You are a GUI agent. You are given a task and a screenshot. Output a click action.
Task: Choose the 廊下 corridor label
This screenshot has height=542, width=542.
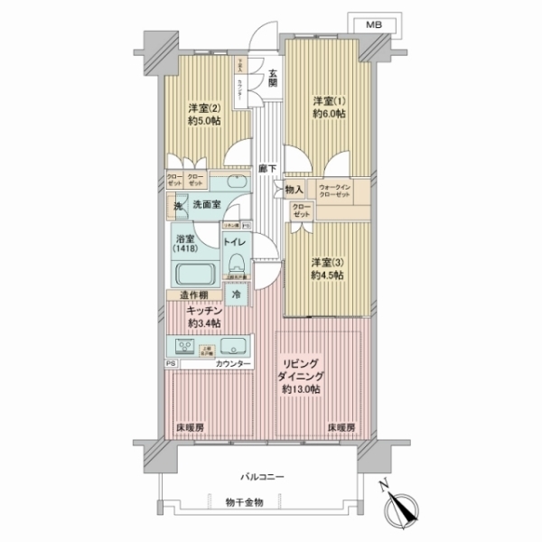[266, 167]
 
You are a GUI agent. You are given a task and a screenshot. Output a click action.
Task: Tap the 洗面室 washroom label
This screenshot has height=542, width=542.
[206, 204]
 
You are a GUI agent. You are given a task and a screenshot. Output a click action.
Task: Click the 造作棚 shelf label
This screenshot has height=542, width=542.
[192, 294]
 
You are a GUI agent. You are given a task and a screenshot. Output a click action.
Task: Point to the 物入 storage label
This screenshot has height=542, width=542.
[294, 190]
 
